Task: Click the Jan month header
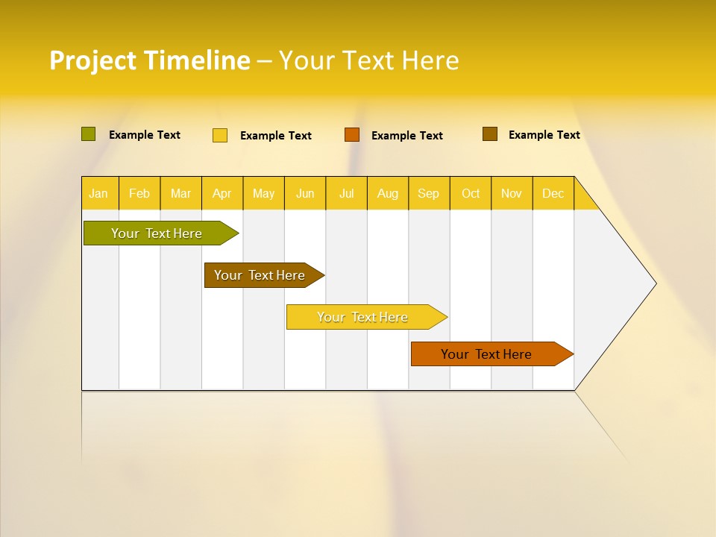[x=98, y=194]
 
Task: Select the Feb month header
[x=139, y=194]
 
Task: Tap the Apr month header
[x=222, y=194]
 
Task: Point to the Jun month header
[x=305, y=194]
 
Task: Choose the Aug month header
[x=388, y=194]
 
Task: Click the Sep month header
[x=429, y=194]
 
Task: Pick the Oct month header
[x=471, y=194]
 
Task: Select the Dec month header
[x=553, y=194]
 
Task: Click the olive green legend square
[x=89, y=134]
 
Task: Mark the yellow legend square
[x=220, y=135]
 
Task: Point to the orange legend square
[x=352, y=134]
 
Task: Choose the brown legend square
[x=489, y=134]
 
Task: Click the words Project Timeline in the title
[x=149, y=60]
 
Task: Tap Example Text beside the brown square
[x=544, y=135]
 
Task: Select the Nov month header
[x=512, y=194]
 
